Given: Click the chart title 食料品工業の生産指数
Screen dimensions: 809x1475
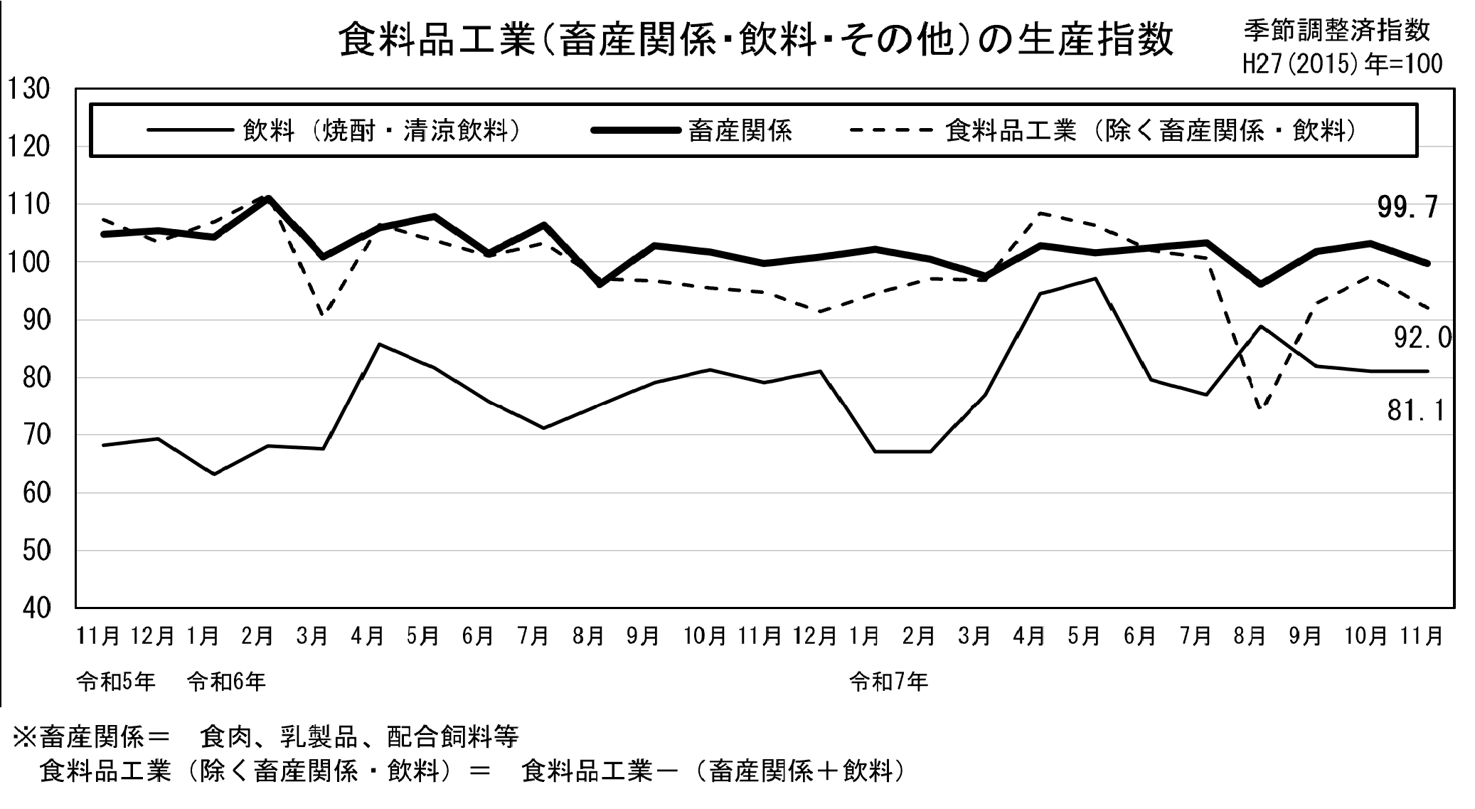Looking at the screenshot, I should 756,40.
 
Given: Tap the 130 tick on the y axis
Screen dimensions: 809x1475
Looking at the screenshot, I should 29,90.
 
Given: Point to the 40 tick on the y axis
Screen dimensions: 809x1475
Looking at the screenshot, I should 29,608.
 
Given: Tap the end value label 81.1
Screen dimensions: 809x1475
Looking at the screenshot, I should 1416,411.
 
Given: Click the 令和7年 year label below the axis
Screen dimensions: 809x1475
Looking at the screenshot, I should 889,682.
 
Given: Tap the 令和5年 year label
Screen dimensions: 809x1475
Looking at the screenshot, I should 116,682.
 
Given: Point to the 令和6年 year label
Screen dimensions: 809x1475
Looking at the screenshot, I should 226,682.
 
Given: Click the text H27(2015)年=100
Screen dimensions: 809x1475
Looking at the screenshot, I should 1342,65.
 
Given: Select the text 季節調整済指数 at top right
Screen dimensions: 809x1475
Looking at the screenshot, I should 1337,31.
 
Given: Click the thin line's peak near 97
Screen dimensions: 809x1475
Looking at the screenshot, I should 1096,278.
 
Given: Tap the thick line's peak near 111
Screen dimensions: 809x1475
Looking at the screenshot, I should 268,198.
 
